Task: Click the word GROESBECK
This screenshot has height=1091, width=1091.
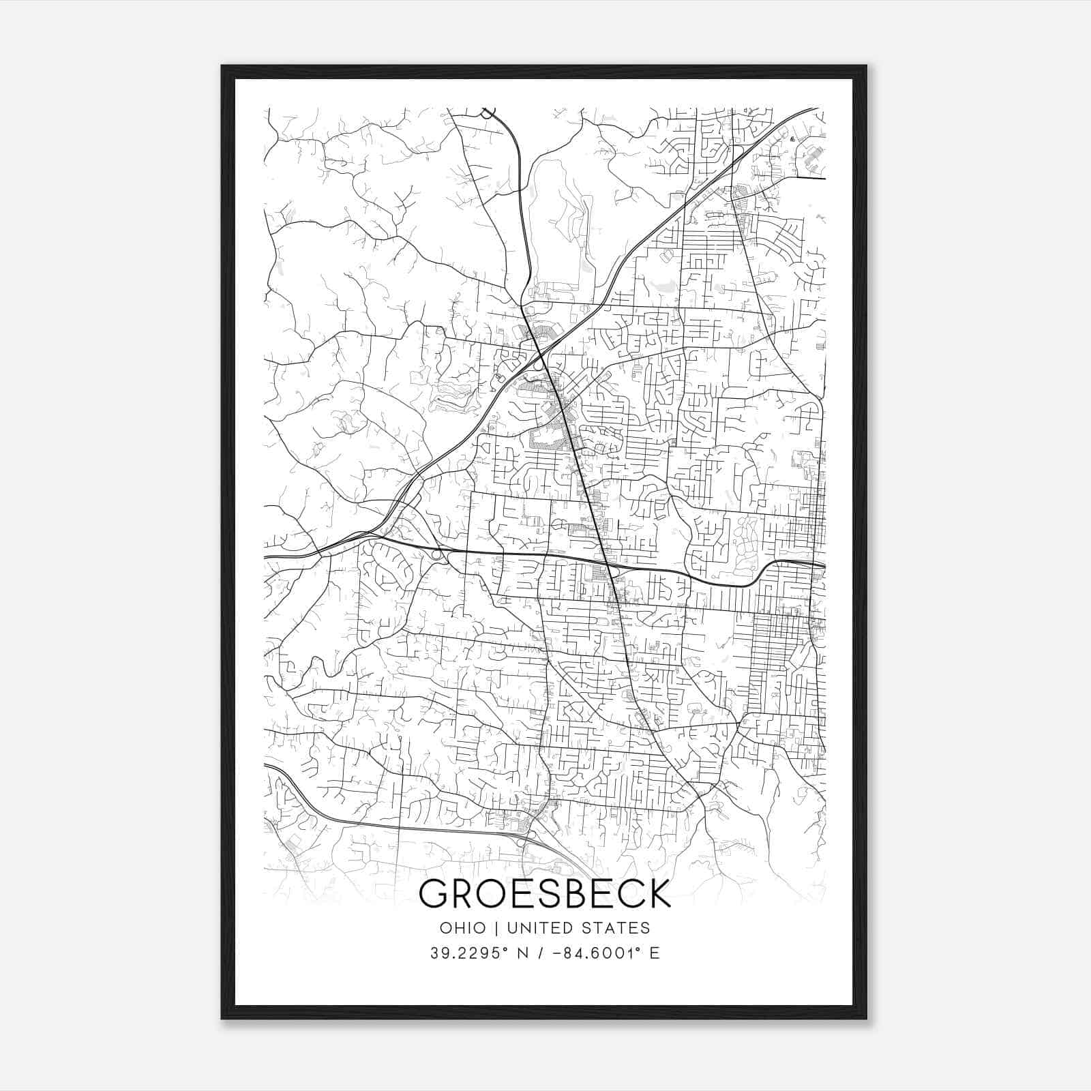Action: [545, 893]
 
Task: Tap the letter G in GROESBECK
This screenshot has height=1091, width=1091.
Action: [434, 893]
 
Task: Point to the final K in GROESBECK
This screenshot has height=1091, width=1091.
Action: [657, 893]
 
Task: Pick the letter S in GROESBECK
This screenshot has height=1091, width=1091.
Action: [543, 893]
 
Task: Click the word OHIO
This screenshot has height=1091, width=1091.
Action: [463, 928]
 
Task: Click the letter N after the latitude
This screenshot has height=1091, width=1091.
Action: [523, 953]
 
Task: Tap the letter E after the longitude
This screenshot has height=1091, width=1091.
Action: [655, 953]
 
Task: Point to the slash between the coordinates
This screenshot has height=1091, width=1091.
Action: [543, 953]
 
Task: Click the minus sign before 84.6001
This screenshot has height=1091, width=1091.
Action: [561, 953]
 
